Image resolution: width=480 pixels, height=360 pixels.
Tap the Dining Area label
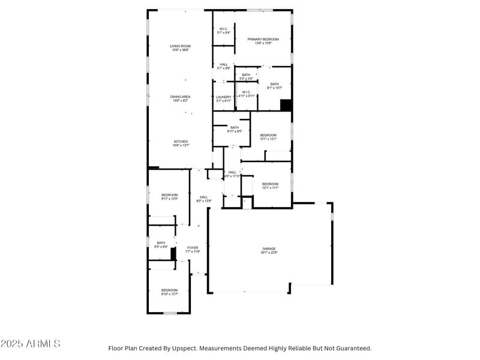coord(180,98)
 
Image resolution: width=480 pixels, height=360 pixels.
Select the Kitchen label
coord(181,143)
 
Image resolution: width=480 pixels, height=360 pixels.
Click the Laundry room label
coord(224,99)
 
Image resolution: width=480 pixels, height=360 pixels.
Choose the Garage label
coord(269,250)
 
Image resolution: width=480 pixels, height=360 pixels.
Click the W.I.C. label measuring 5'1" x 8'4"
coord(224,31)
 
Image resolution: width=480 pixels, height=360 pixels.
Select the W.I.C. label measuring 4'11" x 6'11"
coord(246,94)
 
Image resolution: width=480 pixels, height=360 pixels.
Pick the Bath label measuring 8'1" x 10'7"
coord(274,86)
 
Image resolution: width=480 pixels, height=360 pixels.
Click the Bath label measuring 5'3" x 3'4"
coord(246,76)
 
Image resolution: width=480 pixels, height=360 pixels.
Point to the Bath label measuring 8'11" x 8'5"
coord(234,129)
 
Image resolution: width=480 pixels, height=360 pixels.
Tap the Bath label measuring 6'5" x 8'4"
coord(161,244)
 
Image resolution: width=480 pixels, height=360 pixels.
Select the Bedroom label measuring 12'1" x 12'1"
coord(268,137)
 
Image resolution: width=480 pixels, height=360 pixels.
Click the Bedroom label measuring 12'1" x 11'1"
coord(270,186)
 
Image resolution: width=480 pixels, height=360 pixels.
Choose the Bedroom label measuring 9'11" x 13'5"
coord(170,196)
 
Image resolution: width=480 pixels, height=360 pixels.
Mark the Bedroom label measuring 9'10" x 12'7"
coord(169,292)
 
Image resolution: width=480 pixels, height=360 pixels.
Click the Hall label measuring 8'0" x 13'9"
coord(204,199)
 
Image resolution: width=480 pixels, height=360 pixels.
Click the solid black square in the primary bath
coord(286,105)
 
